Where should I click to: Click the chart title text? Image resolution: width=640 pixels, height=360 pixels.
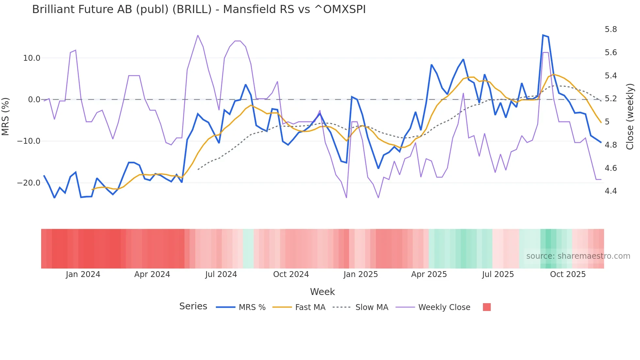click(x=199, y=9)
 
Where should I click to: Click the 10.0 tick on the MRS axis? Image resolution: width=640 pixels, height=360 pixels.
click(x=32, y=58)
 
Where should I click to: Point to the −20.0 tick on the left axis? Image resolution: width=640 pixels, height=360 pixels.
click(x=29, y=183)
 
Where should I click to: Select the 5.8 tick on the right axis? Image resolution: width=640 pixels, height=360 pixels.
click(x=611, y=29)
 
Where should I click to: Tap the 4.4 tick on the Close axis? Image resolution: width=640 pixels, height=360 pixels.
click(x=611, y=191)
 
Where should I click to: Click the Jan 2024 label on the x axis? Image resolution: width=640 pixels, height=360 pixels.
click(x=83, y=274)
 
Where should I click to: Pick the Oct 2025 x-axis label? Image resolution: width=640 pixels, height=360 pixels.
click(x=568, y=274)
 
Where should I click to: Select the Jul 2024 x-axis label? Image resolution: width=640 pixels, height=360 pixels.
click(x=221, y=274)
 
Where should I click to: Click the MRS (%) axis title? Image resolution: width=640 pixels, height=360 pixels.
click(x=6, y=116)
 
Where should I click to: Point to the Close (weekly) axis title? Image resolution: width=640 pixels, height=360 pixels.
click(x=630, y=116)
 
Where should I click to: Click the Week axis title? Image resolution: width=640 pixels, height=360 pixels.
click(x=322, y=292)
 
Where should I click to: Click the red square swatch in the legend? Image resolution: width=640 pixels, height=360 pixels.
click(x=487, y=307)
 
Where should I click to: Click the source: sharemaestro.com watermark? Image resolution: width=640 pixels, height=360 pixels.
click(x=578, y=256)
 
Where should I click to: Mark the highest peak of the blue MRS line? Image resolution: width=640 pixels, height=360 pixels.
click(x=543, y=35)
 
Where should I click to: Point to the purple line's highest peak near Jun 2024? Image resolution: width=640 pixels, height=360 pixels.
click(x=198, y=35)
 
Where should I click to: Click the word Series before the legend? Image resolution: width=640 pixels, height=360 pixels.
click(x=193, y=306)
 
